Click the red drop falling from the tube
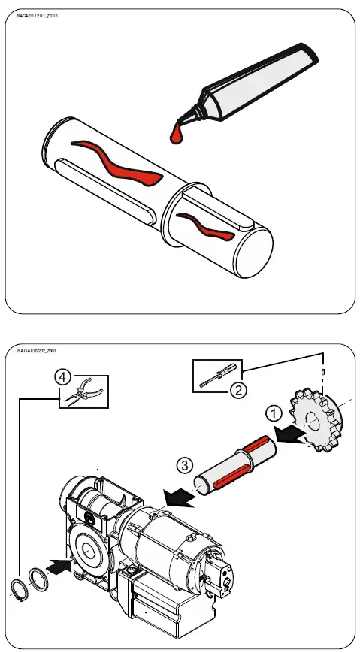click(x=176, y=135)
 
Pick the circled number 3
click(x=187, y=464)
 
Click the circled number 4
click(x=62, y=377)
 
